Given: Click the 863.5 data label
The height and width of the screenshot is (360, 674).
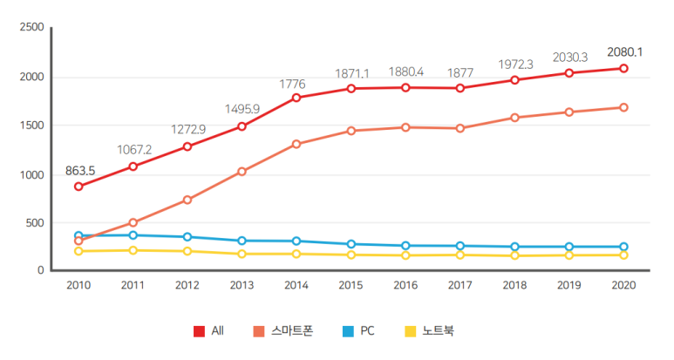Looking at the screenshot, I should (79, 171).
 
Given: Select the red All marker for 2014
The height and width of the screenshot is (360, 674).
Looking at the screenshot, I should (296, 98).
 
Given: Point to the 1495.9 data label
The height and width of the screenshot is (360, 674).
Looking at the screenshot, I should (242, 109).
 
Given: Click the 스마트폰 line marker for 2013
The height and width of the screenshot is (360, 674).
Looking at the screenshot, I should (242, 172).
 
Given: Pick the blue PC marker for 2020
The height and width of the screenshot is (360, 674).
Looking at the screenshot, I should (623, 247).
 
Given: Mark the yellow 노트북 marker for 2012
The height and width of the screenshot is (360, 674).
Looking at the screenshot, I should (187, 251).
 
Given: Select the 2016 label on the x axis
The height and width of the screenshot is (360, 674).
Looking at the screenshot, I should (405, 285).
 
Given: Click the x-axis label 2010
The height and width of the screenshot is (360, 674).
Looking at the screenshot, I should (78, 285).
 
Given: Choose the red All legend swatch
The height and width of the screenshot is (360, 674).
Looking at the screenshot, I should (200, 331).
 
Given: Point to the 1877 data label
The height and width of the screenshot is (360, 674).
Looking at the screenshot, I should (461, 72).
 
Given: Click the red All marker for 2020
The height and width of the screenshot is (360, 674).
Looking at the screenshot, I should (623, 68).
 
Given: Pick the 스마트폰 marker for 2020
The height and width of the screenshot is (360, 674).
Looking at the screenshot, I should (623, 108).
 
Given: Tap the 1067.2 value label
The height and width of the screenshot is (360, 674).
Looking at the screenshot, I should (133, 149).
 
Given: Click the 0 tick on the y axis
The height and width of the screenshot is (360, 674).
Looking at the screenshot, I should (40, 271).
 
